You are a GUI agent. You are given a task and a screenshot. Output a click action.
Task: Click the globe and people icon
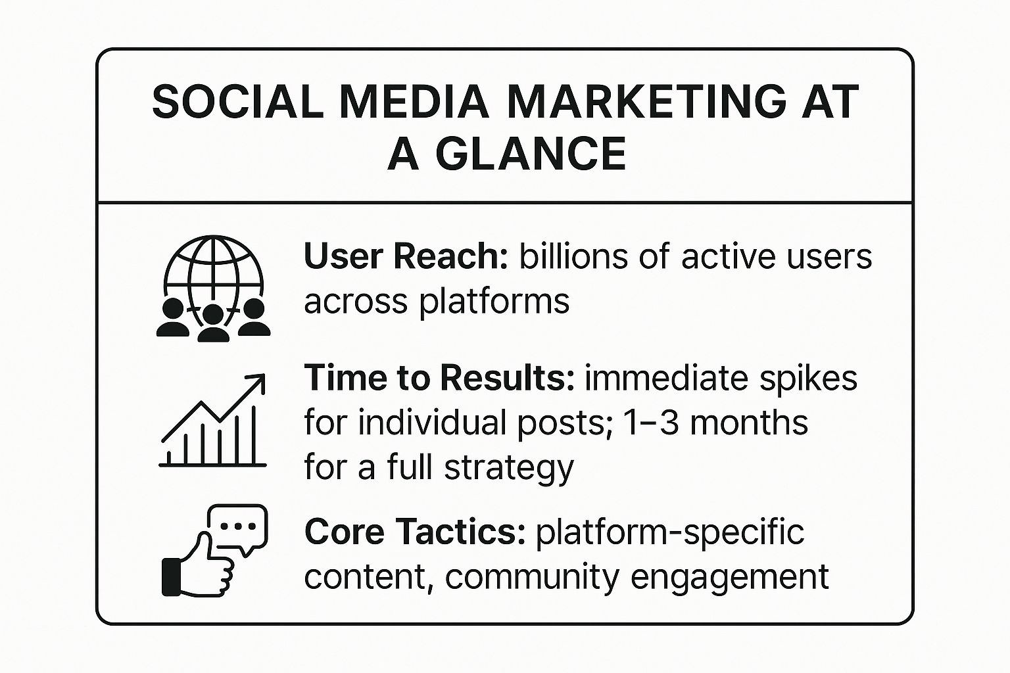pyautogui.click(x=213, y=289)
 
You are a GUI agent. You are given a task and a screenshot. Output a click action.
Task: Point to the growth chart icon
pyautogui.click(x=213, y=420)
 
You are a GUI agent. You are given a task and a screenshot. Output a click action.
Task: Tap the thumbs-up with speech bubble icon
pyautogui.click(x=214, y=550)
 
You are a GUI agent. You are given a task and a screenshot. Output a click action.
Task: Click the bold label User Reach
pyautogui.click(x=406, y=256)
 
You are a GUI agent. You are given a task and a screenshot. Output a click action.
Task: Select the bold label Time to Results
pyautogui.click(x=440, y=377)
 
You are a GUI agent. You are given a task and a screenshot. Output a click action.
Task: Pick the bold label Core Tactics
pyautogui.click(x=416, y=532)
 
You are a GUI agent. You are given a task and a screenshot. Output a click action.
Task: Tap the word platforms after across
pyautogui.click(x=494, y=302)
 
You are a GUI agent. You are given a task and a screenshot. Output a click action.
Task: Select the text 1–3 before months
pyautogui.click(x=646, y=423)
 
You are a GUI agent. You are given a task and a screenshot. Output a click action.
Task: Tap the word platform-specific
pyautogui.click(x=670, y=532)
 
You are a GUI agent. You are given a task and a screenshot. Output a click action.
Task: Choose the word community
pyautogui.click(x=532, y=578)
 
